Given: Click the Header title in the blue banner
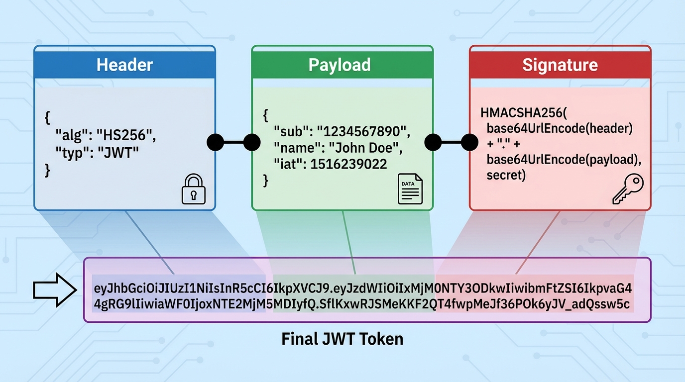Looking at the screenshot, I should pos(124,65).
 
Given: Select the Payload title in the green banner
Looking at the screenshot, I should pos(340,65).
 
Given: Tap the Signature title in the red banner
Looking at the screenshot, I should pos(560,65).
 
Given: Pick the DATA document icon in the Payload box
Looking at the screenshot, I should pos(410,190).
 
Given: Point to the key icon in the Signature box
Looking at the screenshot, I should pos(628,189).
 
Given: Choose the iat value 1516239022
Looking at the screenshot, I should pos(348,164).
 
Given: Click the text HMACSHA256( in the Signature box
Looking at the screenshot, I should pos(516,112).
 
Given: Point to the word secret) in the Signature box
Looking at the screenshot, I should pos(506,176).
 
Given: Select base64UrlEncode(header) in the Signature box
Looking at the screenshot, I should pos(560,128).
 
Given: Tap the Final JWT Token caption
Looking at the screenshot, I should pos(342,339).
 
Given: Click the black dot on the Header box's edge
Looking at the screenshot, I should pos(215,142).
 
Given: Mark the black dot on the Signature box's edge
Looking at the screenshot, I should pos(469,142).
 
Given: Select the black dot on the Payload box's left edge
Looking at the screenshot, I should pos(252,142).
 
